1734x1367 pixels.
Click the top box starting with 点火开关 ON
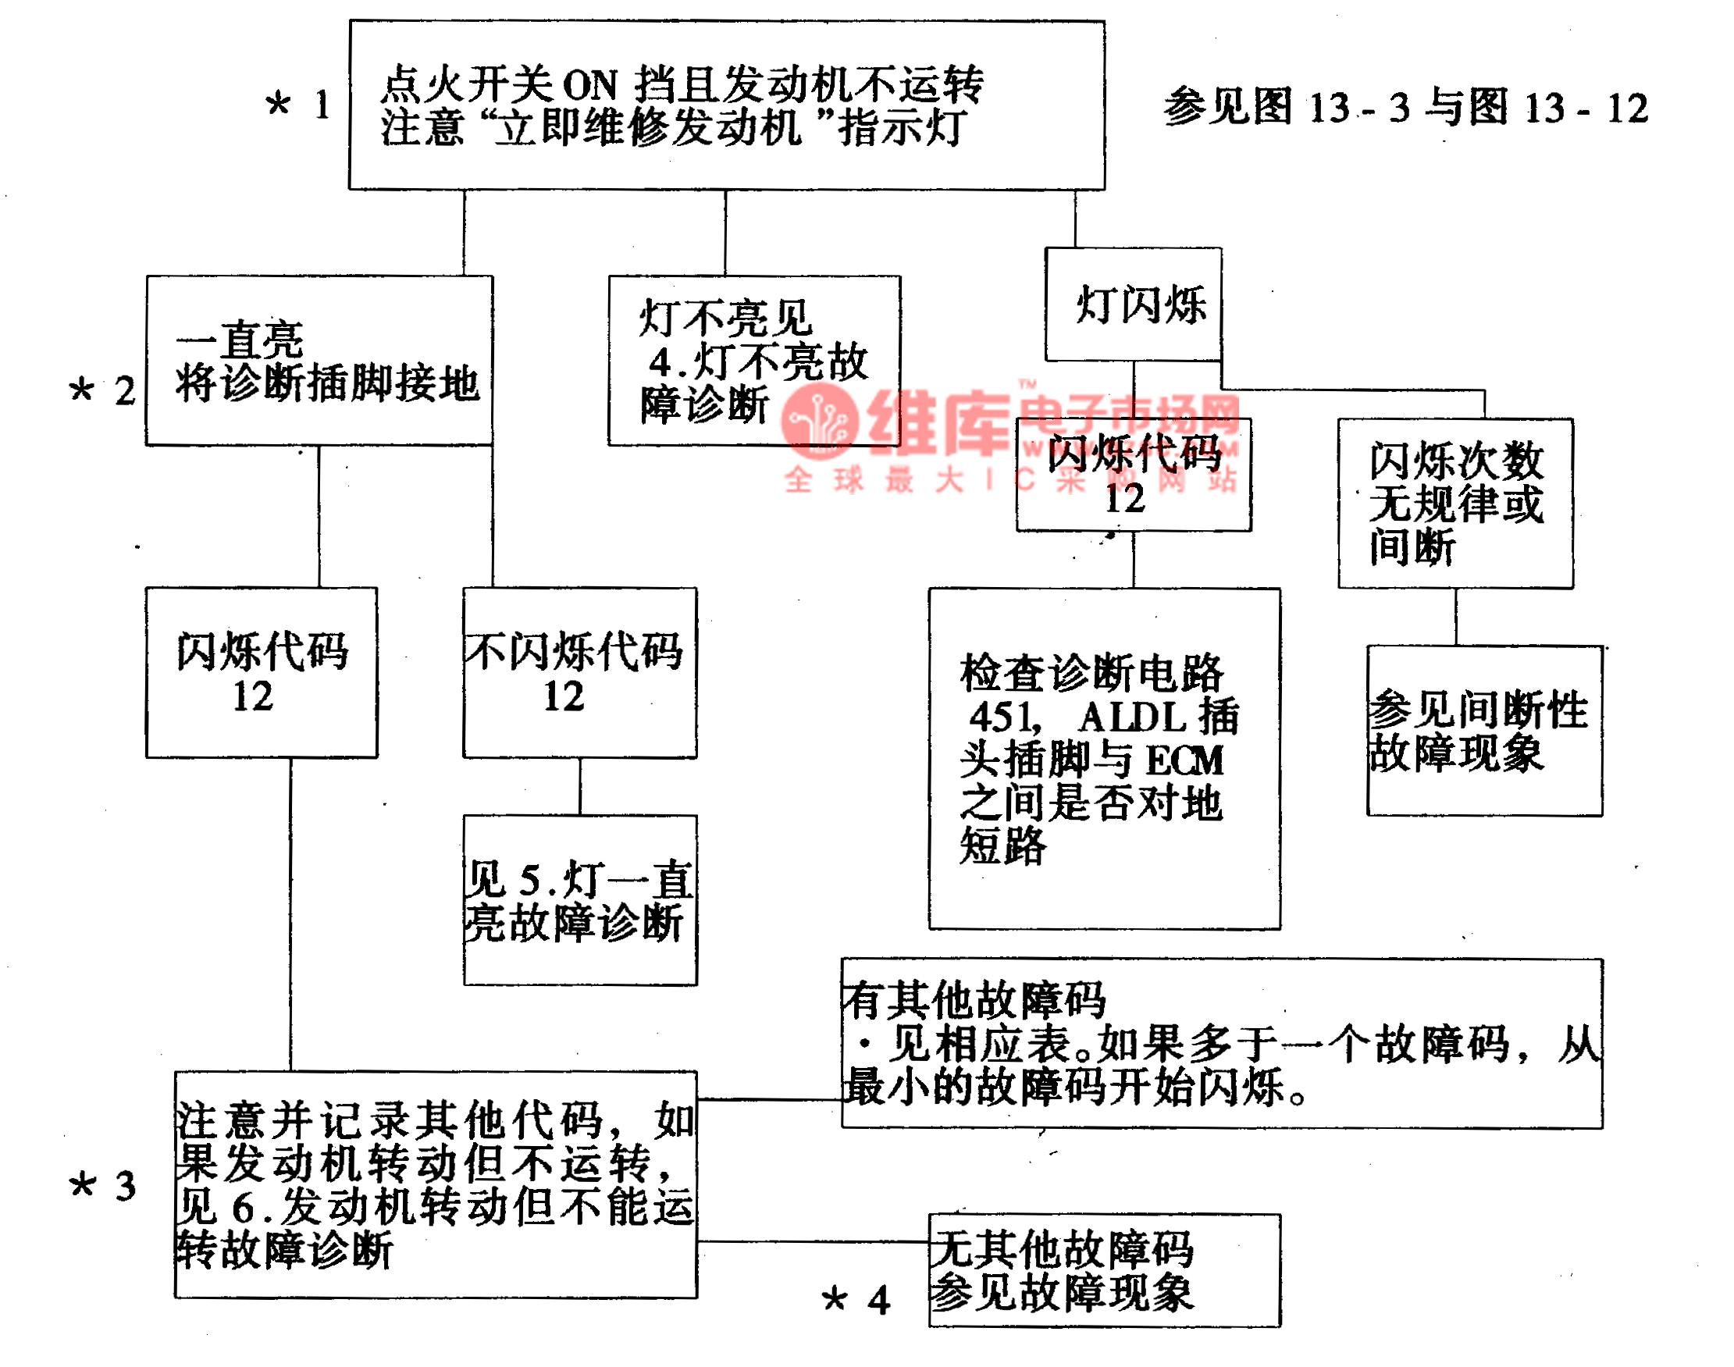726,105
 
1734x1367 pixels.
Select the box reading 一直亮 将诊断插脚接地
319,360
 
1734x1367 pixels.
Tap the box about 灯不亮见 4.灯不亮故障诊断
753,360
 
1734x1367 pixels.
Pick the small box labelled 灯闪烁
1132,304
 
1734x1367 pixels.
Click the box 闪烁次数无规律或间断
1454,503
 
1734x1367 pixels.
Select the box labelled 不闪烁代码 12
579,672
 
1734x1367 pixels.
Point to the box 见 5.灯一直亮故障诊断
579,899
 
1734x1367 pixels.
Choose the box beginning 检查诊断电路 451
1103,758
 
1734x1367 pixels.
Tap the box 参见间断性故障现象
1483,730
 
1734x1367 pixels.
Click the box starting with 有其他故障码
1221,1043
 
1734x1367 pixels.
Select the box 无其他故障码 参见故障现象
1103,1270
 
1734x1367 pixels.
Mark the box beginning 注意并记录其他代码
436,1184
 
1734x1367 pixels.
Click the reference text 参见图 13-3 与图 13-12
1405,107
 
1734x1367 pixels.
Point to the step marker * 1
297,105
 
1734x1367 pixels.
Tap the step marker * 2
101,391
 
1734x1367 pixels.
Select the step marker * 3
101,1185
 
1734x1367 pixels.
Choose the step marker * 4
856,1300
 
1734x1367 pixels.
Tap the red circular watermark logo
820,420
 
